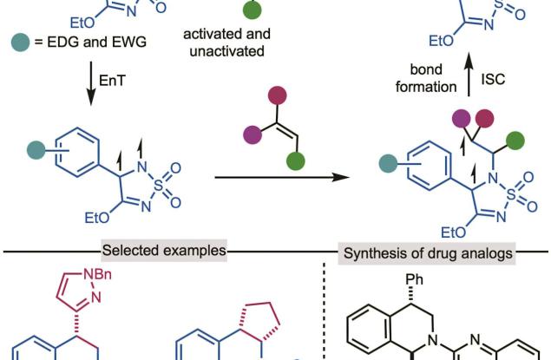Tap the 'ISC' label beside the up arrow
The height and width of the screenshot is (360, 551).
click(x=497, y=79)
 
